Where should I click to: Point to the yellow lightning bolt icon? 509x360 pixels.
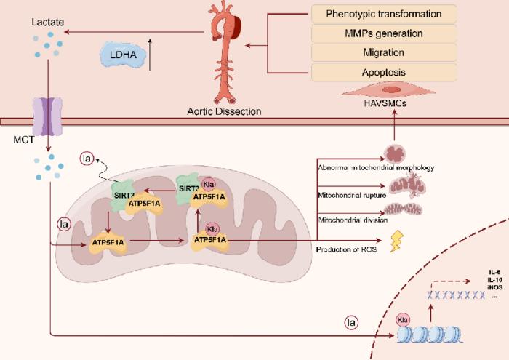click(x=398, y=241)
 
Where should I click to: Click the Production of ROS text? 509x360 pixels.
click(x=345, y=250)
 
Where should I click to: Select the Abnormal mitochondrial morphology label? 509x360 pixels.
click(x=375, y=168)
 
